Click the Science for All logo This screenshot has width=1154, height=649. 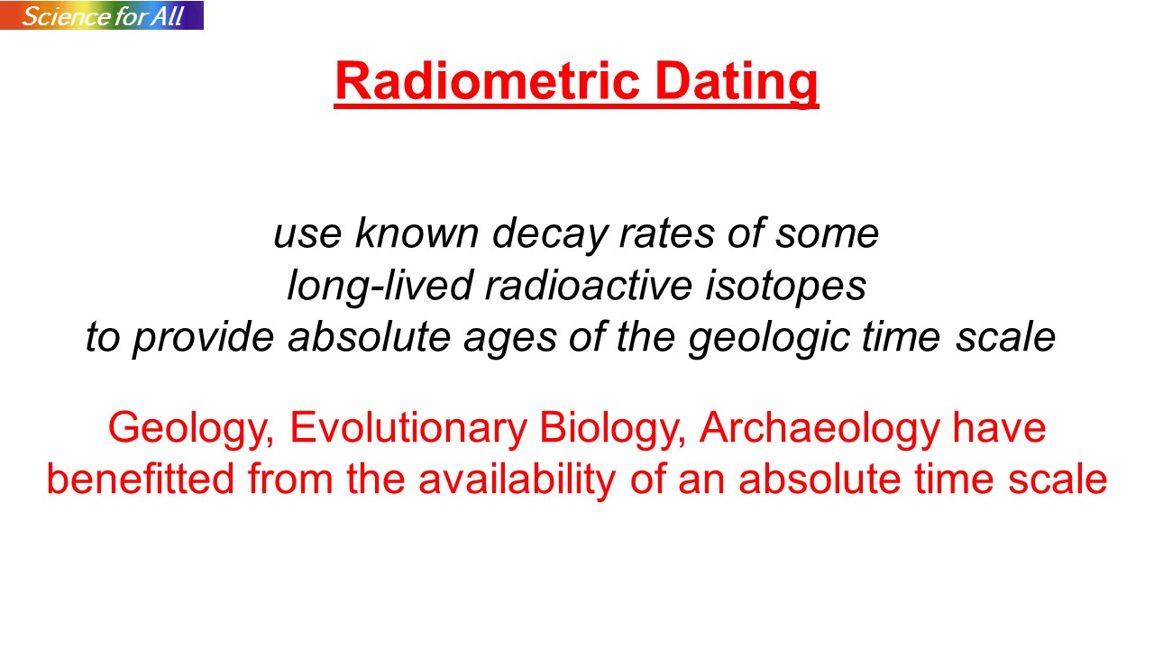(x=102, y=15)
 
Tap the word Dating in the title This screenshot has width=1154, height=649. (x=737, y=82)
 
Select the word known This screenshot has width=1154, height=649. (x=417, y=233)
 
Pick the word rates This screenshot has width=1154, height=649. (x=666, y=234)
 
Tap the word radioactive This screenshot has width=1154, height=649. (x=589, y=285)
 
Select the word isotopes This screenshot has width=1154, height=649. (x=785, y=287)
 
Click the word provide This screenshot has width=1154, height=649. (x=204, y=338)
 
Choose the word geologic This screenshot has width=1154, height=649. (x=769, y=338)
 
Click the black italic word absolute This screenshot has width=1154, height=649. (x=370, y=336)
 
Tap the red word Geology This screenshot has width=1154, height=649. (x=191, y=428)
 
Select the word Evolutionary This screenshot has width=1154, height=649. (x=408, y=428)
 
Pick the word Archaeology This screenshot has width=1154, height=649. (x=820, y=428)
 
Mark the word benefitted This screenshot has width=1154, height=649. (x=141, y=479)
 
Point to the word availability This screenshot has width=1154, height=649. (x=517, y=480)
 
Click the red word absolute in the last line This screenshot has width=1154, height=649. (x=820, y=479)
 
